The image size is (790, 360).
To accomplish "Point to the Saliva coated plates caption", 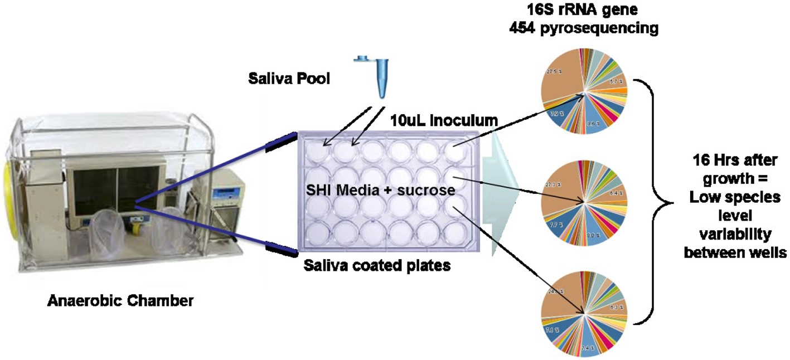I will (377, 266).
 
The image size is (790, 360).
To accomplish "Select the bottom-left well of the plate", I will (314, 230).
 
